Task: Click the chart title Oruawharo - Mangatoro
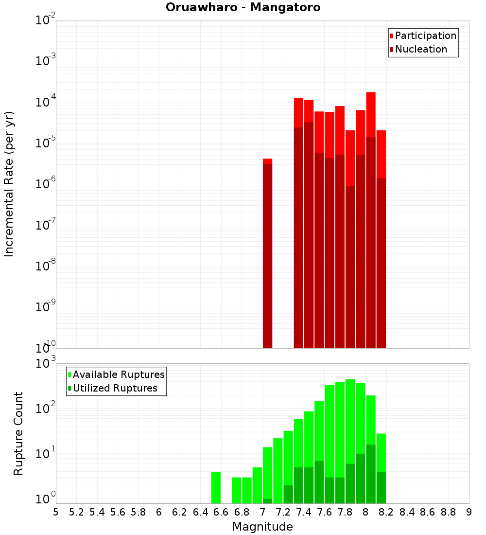coord(243,8)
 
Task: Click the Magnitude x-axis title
coord(262,527)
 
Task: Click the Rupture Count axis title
coord(18,433)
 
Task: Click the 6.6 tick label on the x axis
coord(221,512)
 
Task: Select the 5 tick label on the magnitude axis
coord(56,512)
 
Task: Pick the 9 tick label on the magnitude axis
coord(469,512)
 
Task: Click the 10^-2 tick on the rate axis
coord(46,20)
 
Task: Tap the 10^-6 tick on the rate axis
coord(46,184)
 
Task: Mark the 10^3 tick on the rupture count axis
coord(46,363)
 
